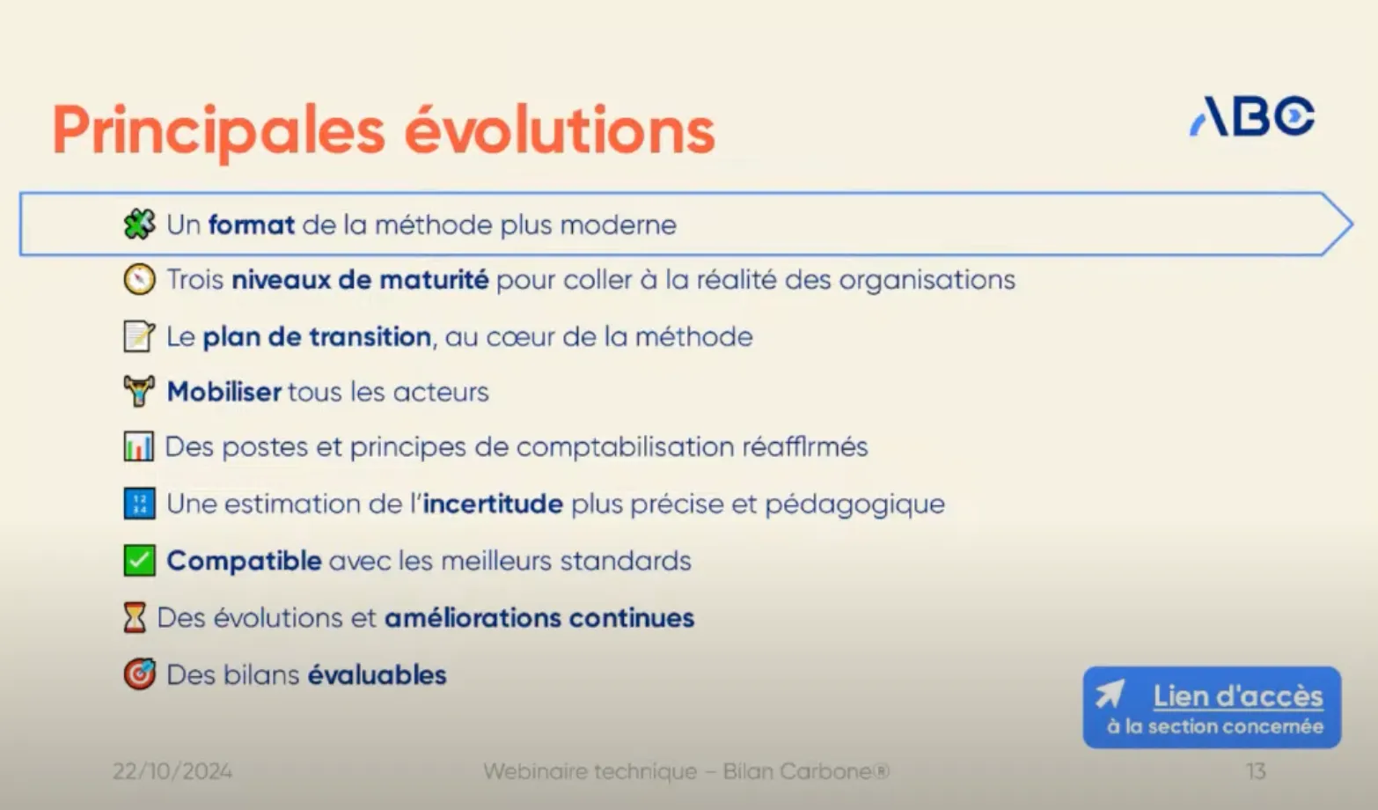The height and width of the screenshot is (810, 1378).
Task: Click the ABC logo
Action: point(1252,116)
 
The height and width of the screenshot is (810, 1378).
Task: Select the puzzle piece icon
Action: point(139,225)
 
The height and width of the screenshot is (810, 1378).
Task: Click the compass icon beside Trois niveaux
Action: point(139,280)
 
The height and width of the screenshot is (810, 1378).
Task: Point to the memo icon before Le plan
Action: point(139,336)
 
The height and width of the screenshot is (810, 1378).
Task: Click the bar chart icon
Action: point(139,447)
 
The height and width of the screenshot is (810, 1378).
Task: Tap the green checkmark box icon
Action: point(139,561)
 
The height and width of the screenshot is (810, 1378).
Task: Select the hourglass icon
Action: point(135,618)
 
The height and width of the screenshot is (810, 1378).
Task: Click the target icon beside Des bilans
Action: point(139,674)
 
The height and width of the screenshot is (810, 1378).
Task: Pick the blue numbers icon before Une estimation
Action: point(139,504)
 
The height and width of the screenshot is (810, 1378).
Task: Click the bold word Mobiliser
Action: point(224,392)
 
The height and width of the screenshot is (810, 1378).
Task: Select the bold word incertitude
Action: point(493,504)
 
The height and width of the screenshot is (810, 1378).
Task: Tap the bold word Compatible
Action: point(244,561)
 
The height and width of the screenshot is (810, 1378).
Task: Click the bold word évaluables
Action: point(377,675)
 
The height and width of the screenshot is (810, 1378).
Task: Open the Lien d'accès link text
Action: point(1237,696)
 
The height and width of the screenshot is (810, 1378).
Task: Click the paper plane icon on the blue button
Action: point(1110,695)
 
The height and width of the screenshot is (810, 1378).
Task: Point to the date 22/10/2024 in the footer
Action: point(172,771)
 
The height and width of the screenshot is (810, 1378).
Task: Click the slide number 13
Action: point(1256,771)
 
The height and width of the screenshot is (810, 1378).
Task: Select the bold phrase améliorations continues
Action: point(539,618)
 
